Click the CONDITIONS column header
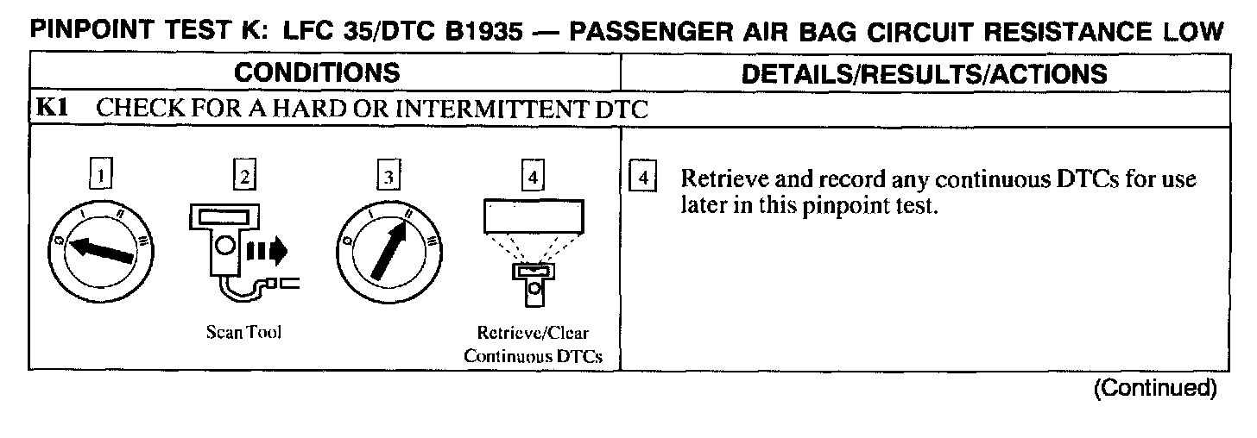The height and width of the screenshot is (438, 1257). [x=317, y=73]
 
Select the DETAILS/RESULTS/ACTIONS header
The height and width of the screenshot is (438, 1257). [x=924, y=73]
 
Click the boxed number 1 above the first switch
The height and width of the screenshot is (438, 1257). [x=102, y=176]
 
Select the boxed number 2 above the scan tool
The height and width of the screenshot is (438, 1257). [x=245, y=176]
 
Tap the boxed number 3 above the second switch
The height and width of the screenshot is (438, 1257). [x=389, y=176]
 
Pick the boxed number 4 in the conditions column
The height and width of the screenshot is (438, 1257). [x=534, y=176]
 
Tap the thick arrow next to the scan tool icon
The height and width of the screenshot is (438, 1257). [x=268, y=251]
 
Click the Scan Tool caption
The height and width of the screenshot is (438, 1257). [x=244, y=333]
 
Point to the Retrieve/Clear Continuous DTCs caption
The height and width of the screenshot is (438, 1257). [x=533, y=343]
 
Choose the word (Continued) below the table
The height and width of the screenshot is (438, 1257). [x=1155, y=388]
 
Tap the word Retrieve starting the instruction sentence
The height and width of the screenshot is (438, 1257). [x=717, y=180]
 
